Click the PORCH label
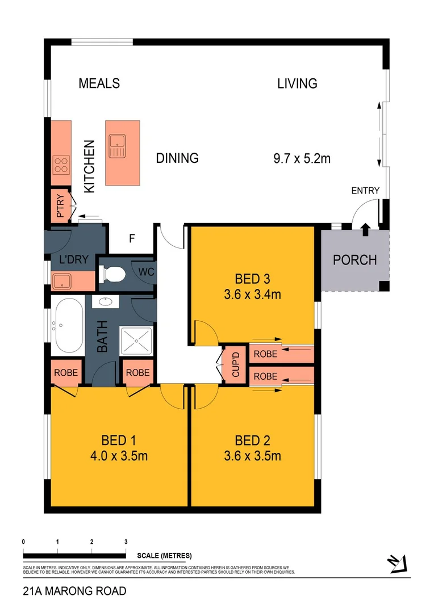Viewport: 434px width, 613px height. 354,260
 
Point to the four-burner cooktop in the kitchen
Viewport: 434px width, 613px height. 60,165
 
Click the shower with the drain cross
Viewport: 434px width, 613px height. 136,343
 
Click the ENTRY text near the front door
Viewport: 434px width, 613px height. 365,191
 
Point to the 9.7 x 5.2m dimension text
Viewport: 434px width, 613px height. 302,158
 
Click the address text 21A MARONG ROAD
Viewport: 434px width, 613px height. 74,591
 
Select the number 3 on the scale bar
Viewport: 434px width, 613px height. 126,541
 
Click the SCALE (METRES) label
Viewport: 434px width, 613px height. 165,555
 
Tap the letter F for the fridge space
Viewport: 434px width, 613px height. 131,238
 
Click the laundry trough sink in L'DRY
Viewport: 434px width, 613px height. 61,280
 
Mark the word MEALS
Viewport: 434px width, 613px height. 99,83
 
